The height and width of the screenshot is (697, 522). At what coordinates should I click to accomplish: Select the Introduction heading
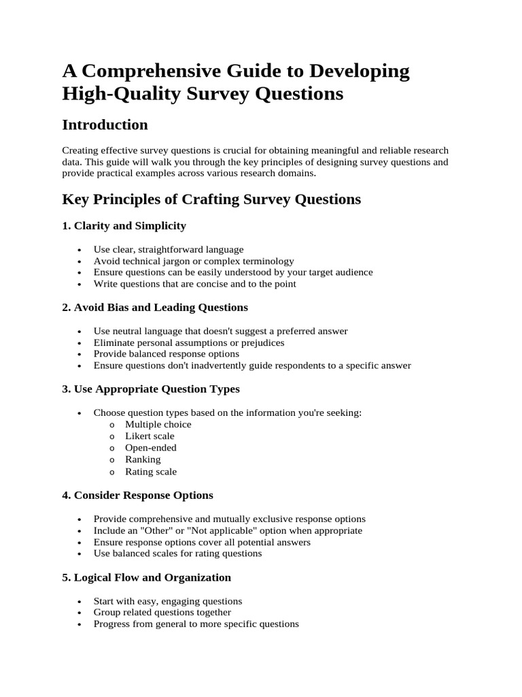tap(105, 125)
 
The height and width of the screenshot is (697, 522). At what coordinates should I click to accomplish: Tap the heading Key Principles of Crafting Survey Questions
tap(211, 199)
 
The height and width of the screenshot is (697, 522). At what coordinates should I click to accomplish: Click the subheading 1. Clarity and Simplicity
tap(124, 225)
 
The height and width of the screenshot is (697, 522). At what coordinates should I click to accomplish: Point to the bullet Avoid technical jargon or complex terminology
tap(194, 261)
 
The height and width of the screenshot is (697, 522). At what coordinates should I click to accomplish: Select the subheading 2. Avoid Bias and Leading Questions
tap(155, 308)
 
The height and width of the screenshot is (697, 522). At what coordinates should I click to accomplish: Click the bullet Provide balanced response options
tap(167, 354)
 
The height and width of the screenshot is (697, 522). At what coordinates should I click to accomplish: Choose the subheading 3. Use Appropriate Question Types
tap(151, 389)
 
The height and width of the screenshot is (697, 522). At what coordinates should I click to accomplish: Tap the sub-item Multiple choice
tap(158, 425)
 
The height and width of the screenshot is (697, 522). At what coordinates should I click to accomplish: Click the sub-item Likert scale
tap(150, 436)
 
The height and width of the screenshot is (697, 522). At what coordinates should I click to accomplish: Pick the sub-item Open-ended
tap(150, 448)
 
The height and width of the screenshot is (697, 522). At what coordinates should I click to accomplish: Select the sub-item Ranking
tap(143, 459)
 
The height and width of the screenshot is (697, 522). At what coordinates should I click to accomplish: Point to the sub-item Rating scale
tap(150, 472)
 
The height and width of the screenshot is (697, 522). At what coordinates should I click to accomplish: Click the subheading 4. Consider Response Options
tap(137, 495)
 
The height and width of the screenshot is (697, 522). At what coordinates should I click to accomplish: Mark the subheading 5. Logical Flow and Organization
tap(146, 577)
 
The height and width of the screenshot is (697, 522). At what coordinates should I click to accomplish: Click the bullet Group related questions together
tap(162, 613)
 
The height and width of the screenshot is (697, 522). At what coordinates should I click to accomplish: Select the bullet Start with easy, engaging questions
tap(168, 601)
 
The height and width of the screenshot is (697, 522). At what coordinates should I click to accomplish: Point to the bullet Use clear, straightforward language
tap(169, 249)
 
